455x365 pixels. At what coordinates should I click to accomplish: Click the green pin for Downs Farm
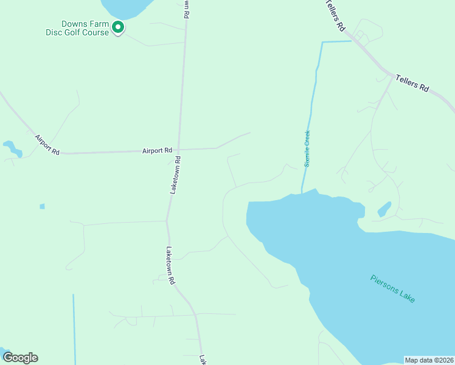[x=118, y=27]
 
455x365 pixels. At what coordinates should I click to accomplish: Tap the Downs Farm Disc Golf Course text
[x=78, y=29]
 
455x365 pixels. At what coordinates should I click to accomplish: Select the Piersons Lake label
[x=392, y=288]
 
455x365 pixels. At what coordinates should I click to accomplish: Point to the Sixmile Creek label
[x=308, y=148]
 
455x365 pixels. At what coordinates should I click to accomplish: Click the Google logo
[x=20, y=358]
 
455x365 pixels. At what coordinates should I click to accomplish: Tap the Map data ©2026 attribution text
[x=429, y=360]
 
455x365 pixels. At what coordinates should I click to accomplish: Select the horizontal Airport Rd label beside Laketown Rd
[x=157, y=150]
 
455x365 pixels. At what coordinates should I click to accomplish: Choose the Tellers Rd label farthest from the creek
[x=412, y=83]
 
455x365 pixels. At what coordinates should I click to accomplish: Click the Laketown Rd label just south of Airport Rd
[x=175, y=176]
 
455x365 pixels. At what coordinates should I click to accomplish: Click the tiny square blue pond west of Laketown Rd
[x=42, y=206]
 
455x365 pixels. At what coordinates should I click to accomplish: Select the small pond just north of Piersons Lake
[x=384, y=209]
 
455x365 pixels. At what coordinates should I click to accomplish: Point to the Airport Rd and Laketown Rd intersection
[x=179, y=149]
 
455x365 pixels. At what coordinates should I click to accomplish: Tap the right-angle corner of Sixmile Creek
[x=322, y=43]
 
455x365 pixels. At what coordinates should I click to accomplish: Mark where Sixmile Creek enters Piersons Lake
[x=302, y=193]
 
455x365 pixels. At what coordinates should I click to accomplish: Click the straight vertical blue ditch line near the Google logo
[x=74, y=328]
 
